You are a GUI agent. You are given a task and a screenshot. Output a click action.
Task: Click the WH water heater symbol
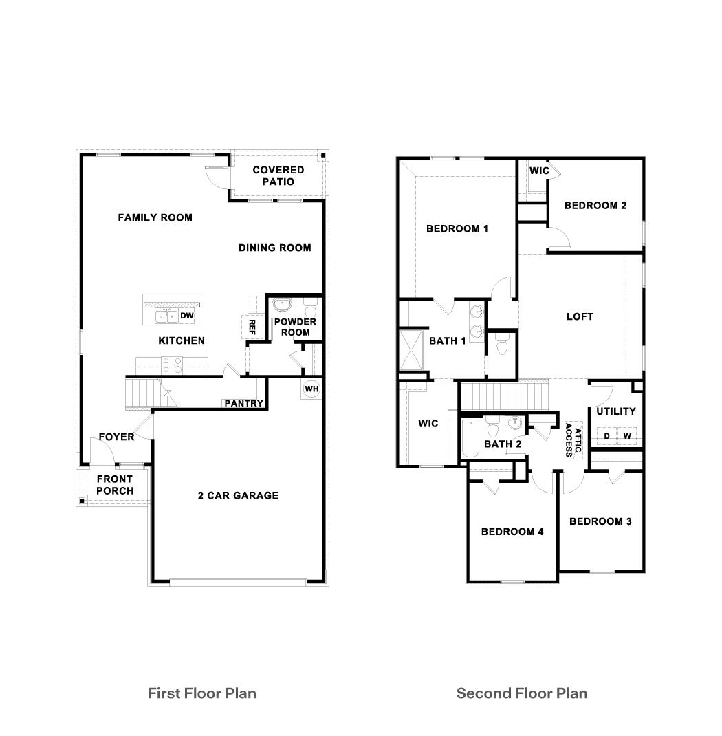pyautogui.click(x=311, y=389)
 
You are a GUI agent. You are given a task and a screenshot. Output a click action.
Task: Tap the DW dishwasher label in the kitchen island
pyautogui.click(x=187, y=316)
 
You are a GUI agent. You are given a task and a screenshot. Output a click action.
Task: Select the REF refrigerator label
pyautogui.click(x=252, y=326)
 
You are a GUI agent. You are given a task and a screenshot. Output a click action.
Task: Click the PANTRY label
pyautogui.click(x=243, y=403)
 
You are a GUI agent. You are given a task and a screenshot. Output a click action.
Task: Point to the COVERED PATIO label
pyautogui.click(x=278, y=175)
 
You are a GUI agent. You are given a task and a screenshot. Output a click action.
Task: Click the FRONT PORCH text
pyautogui.click(x=115, y=485)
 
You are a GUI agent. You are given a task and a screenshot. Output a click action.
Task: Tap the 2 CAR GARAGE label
pyautogui.click(x=237, y=495)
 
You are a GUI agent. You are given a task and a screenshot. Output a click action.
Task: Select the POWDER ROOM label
pyautogui.click(x=295, y=327)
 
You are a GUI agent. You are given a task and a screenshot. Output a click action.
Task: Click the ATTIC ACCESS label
pyautogui.click(x=573, y=440)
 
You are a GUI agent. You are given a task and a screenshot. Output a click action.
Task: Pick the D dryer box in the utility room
pyautogui.click(x=606, y=436)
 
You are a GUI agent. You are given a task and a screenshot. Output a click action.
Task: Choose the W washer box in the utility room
pyautogui.click(x=627, y=436)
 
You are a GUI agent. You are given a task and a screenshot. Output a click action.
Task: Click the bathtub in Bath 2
pyautogui.click(x=470, y=438)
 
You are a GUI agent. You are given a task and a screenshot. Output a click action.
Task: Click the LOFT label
pyautogui.click(x=579, y=316)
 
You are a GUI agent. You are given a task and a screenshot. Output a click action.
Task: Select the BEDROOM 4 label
pyautogui.click(x=512, y=531)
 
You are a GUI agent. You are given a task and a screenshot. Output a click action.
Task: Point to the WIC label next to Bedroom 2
pyautogui.click(x=538, y=170)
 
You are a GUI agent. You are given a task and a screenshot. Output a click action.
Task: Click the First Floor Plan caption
pyautogui.click(x=201, y=693)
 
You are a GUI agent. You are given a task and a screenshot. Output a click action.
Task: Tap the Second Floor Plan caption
pyautogui.click(x=522, y=693)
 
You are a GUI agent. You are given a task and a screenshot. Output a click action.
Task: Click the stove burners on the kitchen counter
pyautogui.click(x=172, y=364)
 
